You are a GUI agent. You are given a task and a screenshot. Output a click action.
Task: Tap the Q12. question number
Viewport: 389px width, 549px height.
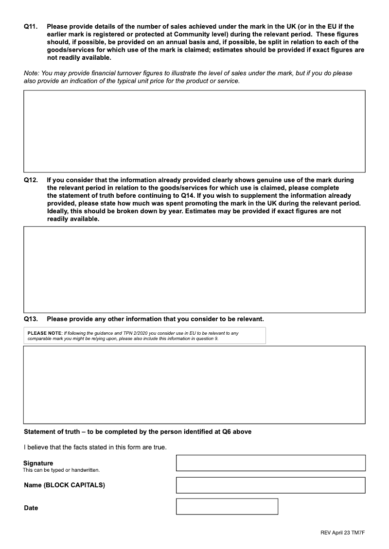(x=31, y=180)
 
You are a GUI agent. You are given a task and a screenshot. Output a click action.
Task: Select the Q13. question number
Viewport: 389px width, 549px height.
(x=31, y=319)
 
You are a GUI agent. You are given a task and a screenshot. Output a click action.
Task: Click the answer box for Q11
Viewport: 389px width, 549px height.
(x=194, y=131)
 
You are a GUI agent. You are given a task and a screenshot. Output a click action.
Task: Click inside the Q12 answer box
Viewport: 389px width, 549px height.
(x=194, y=270)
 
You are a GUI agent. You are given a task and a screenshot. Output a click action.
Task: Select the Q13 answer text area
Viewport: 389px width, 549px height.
(x=194, y=384)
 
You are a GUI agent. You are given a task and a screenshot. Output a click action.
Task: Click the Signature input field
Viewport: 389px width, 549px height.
(x=270, y=463)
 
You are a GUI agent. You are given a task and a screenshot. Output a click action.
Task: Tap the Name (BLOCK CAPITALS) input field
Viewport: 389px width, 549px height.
(x=270, y=485)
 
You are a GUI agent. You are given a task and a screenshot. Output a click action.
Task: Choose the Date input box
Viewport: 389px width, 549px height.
(x=227, y=506)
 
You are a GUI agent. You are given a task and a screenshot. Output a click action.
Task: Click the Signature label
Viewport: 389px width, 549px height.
(x=38, y=463)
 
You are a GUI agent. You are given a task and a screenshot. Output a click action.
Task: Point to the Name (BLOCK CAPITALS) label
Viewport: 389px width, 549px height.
(x=64, y=485)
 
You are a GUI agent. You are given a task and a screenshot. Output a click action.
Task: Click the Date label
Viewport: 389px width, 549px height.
(x=31, y=508)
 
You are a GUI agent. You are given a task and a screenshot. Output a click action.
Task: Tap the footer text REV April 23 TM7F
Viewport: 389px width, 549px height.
(x=342, y=533)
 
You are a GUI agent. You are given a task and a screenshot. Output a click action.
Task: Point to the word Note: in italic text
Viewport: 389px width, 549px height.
(x=32, y=73)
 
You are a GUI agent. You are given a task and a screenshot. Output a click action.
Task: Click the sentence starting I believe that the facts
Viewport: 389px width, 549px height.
(x=95, y=447)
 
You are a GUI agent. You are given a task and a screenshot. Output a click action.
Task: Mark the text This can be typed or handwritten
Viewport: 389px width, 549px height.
(x=61, y=470)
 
